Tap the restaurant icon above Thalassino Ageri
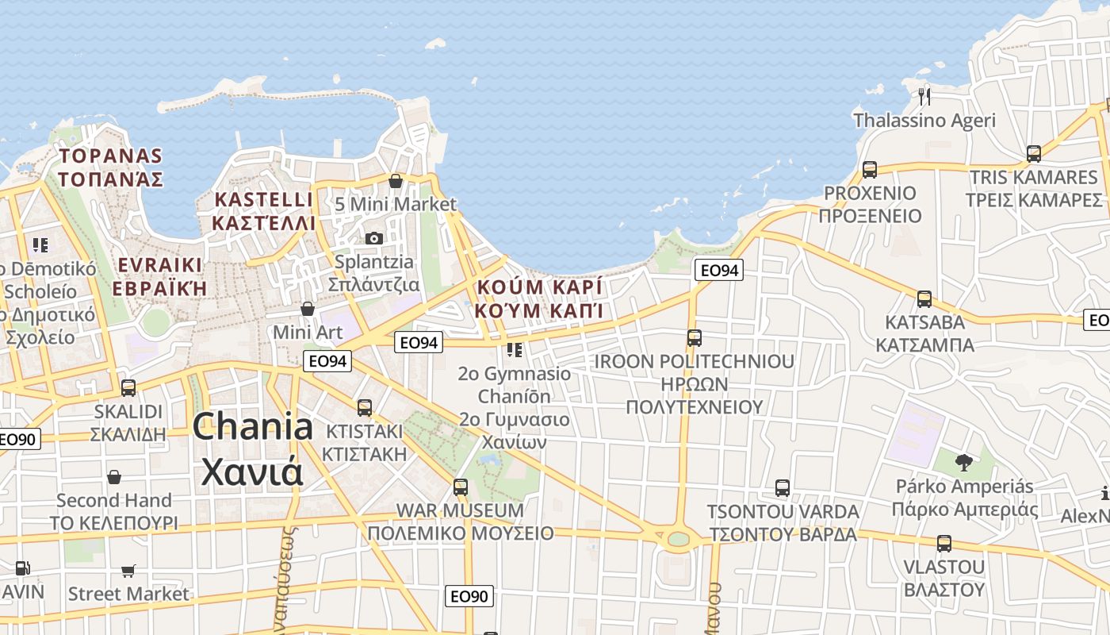[x=924, y=97]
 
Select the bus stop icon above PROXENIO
[x=870, y=169]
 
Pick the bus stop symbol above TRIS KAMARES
[x=1034, y=153]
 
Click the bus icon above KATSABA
[x=924, y=299]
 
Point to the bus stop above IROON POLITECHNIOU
[x=695, y=338]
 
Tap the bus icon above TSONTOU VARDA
[x=783, y=488]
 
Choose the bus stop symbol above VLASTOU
[x=943, y=544]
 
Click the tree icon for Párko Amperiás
[x=964, y=462]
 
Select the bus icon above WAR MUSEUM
[x=461, y=487]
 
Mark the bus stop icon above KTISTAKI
[x=365, y=408]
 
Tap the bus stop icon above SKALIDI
[x=128, y=388]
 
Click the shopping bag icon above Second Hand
[x=114, y=477]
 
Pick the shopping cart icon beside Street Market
[x=128, y=571]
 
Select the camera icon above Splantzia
[x=374, y=238]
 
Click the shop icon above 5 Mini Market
[x=396, y=181]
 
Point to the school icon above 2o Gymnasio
[x=515, y=349]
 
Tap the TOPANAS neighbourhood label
[x=110, y=167]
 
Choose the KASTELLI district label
[x=263, y=210]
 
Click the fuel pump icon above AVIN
[x=23, y=568]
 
